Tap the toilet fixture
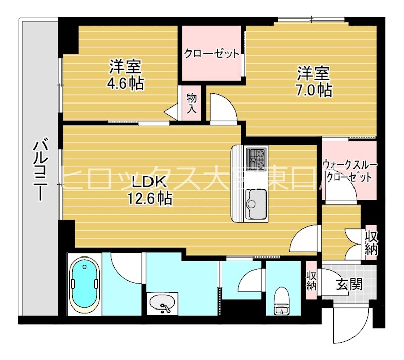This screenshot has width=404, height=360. point(281,301)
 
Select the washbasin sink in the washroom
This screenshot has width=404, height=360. point(163,303)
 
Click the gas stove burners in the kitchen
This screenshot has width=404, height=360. point(256,158)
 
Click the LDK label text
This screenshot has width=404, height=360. point(148,181)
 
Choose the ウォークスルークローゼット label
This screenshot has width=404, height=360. point(349,171)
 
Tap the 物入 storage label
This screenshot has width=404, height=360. point(192,103)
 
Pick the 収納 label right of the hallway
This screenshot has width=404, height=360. point(372,243)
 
